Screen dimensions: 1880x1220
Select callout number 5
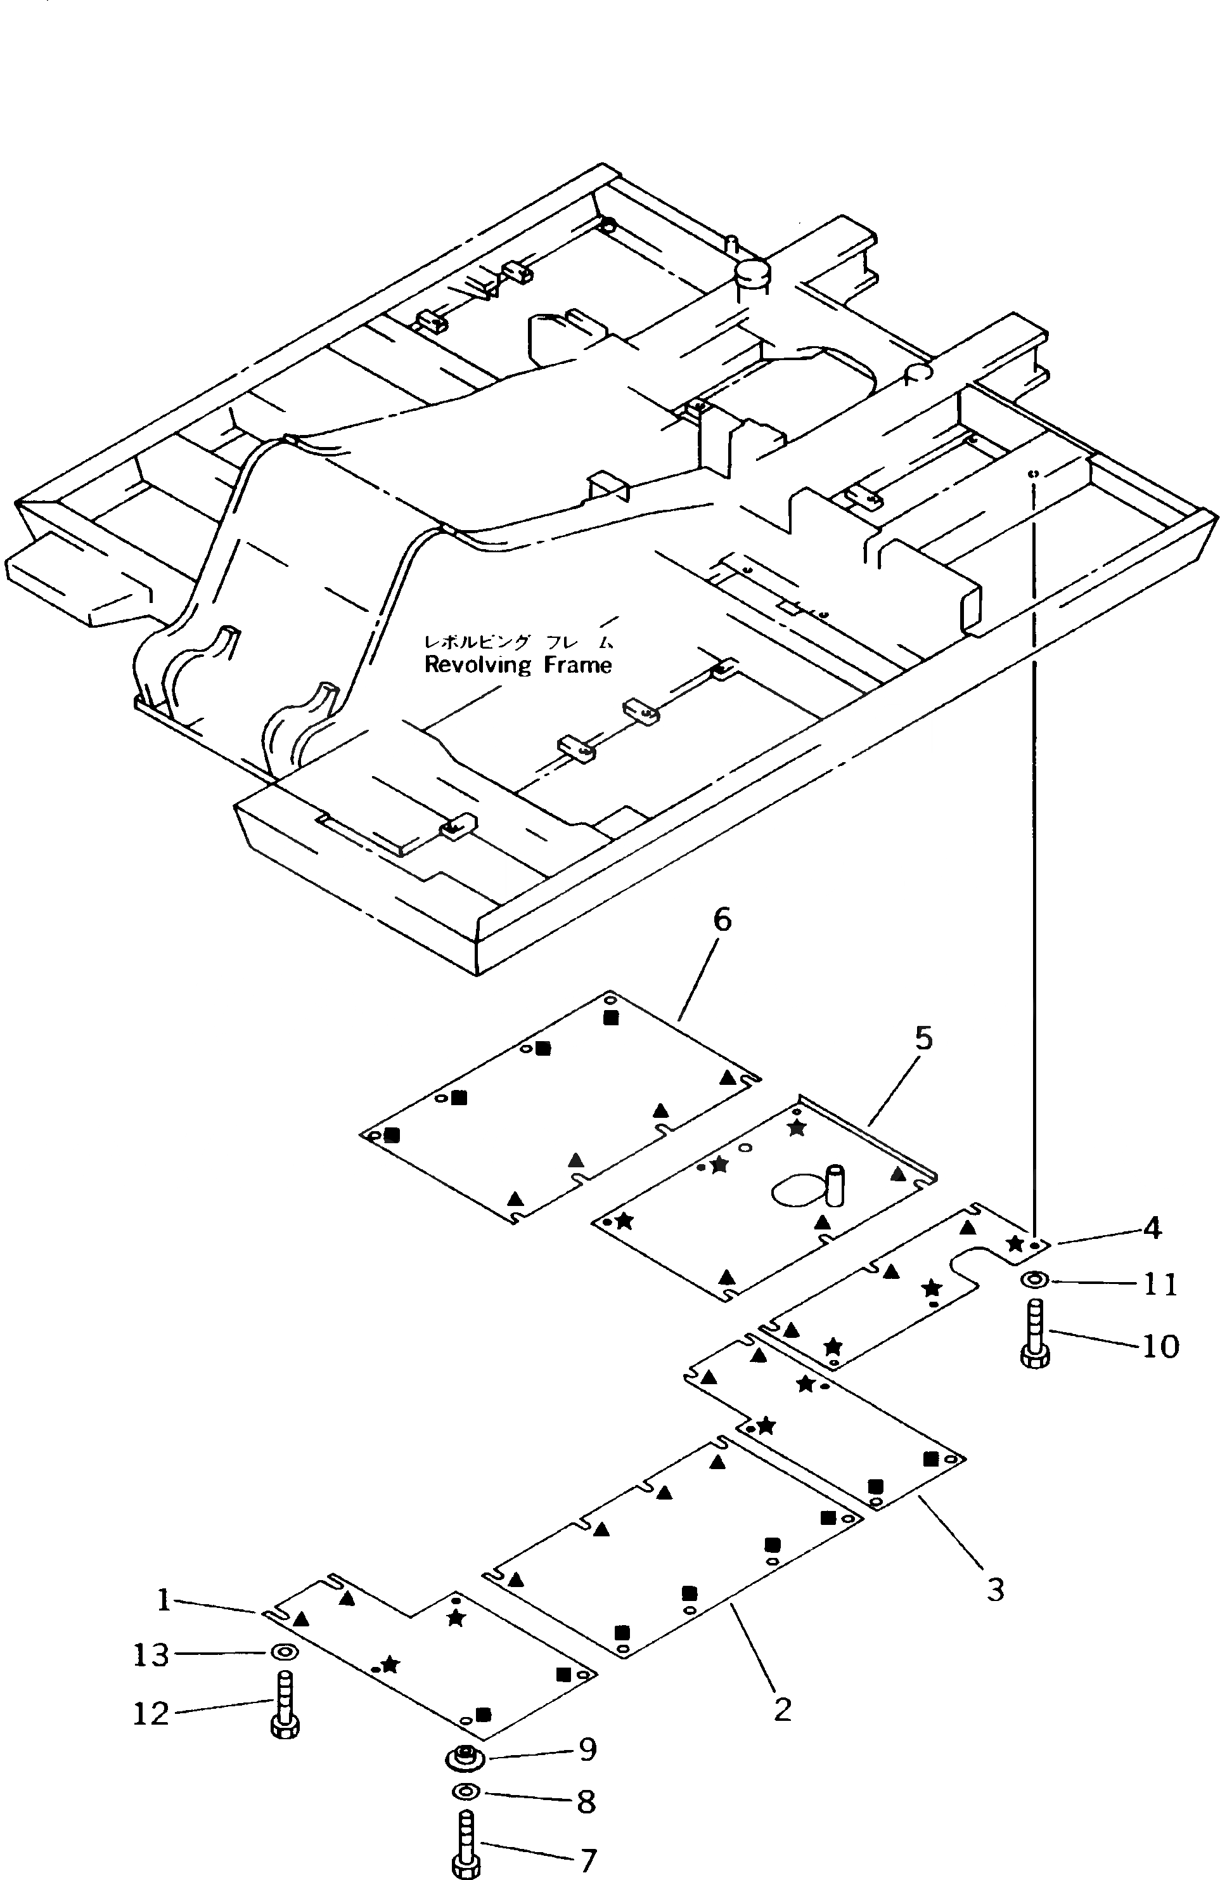pos(923,1039)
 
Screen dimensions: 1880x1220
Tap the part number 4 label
pos(1152,1228)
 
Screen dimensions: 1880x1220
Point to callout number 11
pos(1160,1285)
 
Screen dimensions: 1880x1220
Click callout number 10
pos(1160,1345)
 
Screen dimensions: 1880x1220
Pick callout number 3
pos(995,1588)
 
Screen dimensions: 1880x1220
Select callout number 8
pos(585,1802)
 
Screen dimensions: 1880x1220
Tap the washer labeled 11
pos(1034,1279)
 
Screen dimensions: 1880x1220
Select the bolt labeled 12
pos(285,1706)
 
